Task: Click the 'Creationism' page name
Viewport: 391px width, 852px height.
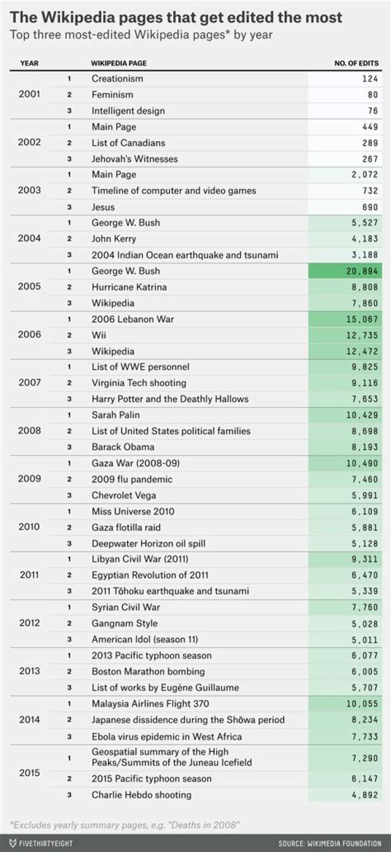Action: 117,79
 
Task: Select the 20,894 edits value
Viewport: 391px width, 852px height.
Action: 361,271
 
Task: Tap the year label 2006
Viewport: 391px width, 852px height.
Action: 29,335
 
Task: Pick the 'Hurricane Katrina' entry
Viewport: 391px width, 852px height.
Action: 129,287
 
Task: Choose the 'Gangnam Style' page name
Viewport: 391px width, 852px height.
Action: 125,623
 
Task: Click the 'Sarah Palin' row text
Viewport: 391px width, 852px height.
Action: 116,415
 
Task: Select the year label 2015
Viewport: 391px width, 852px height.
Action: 29,773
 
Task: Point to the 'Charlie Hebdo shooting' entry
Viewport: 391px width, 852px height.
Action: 142,795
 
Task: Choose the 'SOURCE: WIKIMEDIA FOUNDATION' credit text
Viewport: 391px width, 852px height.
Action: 330,843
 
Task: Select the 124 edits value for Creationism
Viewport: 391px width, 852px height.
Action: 369,79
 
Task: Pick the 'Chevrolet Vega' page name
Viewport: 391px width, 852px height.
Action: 123,495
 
